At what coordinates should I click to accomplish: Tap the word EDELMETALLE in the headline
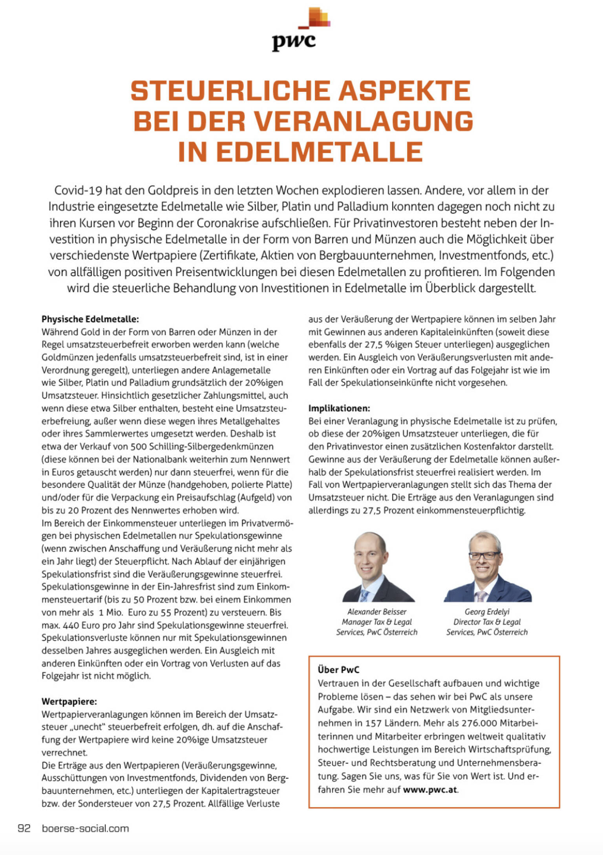pos(320,152)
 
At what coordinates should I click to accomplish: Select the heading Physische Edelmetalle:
pos(90,319)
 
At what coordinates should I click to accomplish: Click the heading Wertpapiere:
pos(69,701)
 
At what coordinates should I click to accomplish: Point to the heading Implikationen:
pos(339,408)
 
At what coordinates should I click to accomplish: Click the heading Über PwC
pos(338,670)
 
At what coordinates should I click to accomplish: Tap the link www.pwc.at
pos(430,789)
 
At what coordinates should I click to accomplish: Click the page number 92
pos(24,829)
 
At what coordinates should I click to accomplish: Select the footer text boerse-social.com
pos(85,829)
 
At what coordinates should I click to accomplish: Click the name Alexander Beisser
pos(376,612)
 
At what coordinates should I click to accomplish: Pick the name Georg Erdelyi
pos(487,612)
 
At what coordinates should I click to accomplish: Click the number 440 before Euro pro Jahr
pos(68,625)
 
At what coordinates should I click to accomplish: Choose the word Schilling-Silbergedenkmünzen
pos(212,447)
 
